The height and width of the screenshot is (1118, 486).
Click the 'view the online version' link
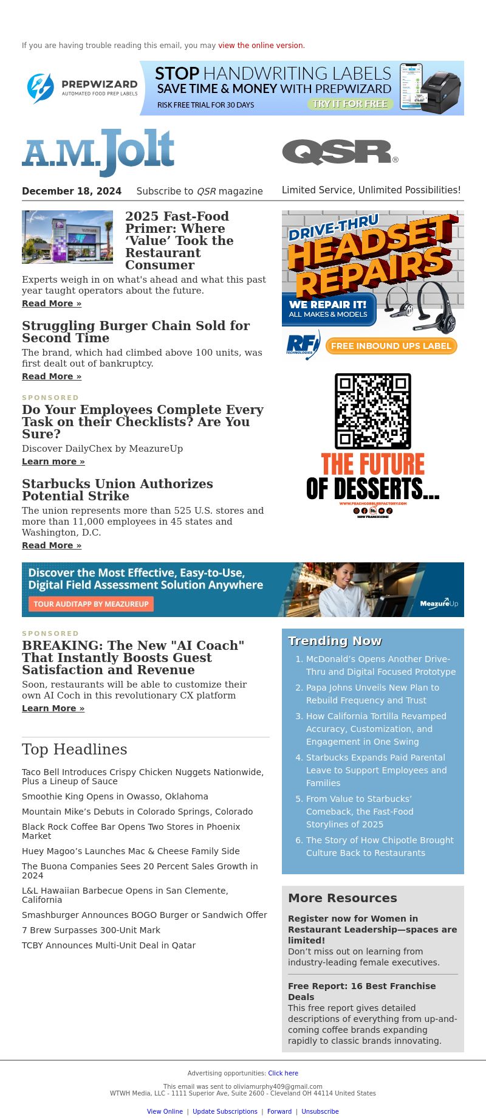tap(261, 46)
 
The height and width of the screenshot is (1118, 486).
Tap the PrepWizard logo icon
tap(41, 88)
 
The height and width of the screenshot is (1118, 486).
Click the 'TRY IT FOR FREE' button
tap(350, 104)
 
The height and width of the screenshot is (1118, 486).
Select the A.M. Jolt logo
tap(98, 151)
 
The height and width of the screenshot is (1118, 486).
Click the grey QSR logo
tap(340, 152)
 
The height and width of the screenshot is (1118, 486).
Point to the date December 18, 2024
tap(72, 191)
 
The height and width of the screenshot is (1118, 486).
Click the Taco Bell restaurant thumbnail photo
tap(67, 237)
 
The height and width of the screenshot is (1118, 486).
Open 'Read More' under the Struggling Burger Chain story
tap(52, 376)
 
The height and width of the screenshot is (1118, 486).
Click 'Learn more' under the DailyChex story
tap(53, 461)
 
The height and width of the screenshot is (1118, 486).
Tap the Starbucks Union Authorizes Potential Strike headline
tap(117, 490)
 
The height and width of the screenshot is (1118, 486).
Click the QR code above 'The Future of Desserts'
tap(373, 412)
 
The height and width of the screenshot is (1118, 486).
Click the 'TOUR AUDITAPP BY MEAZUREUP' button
tap(91, 604)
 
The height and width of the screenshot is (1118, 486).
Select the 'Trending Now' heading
tap(335, 641)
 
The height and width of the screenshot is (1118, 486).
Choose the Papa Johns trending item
tap(372, 694)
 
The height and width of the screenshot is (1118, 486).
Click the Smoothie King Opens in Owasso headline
tap(115, 796)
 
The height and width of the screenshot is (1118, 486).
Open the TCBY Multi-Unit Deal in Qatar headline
tap(109, 945)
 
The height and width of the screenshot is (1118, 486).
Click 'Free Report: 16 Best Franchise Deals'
tap(361, 991)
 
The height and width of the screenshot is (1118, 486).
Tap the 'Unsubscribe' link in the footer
tap(320, 1111)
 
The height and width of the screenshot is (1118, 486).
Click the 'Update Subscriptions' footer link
tap(225, 1111)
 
